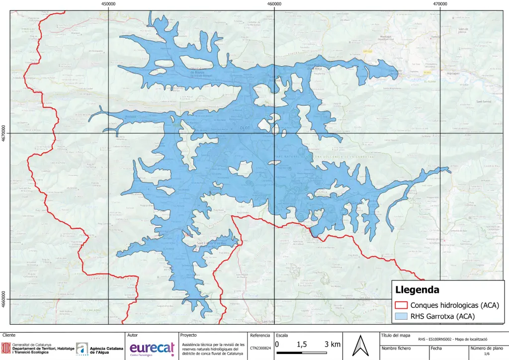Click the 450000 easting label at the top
(x=108, y=3)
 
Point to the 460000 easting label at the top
(x=274, y=3)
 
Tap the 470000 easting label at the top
(x=440, y=3)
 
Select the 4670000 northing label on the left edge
(x=4, y=133)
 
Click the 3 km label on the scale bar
(x=333, y=345)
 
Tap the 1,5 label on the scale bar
(x=301, y=345)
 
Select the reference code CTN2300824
(x=260, y=349)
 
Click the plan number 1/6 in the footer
(x=487, y=354)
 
